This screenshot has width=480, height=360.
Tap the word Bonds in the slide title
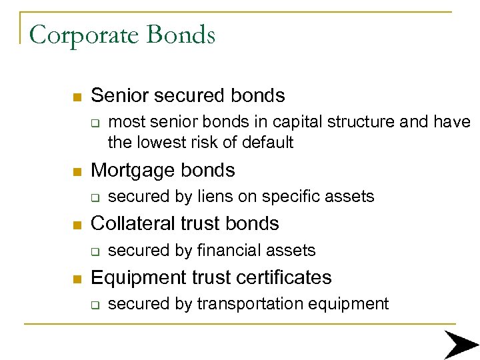tap(182, 34)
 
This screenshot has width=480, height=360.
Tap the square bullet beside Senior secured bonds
tap(77, 97)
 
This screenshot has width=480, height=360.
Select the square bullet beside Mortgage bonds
tap(77, 171)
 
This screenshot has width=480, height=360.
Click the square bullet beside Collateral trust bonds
tap(77, 225)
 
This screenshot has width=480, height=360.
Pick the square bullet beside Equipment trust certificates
tap(77, 278)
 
